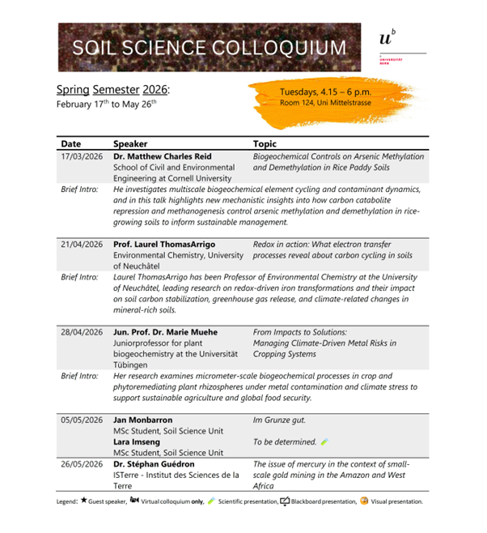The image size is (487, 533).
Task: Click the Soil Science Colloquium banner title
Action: tap(209, 47)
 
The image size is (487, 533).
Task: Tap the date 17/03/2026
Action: tap(82, 158)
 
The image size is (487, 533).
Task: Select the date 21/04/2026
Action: tap(82, 244)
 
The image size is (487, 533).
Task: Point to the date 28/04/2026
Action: tap(82, 331)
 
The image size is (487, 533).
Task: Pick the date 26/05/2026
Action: tap(82, 464)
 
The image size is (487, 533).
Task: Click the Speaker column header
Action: tap(130, 143)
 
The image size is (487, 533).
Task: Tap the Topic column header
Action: tap(265, 143)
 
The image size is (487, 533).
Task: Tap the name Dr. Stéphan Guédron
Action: tap(154, 464)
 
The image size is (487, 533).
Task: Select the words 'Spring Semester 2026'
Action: tap(112, 88)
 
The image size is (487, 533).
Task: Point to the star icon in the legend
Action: tap(83, 501)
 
